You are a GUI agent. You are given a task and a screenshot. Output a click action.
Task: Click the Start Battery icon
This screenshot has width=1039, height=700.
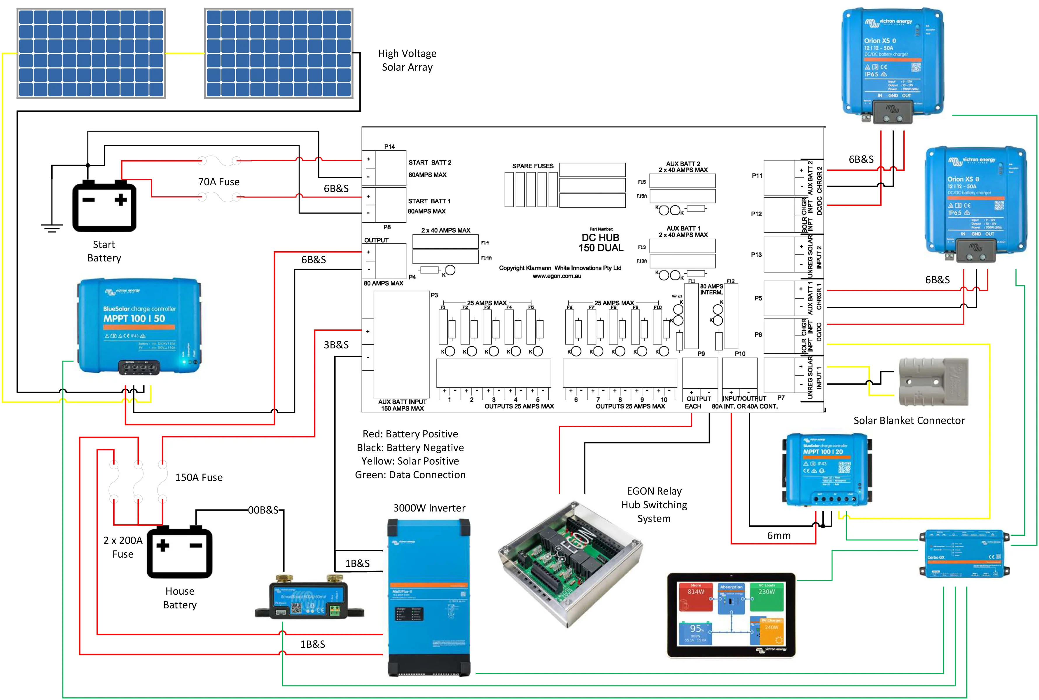pyautogui.click(x=104, y=206)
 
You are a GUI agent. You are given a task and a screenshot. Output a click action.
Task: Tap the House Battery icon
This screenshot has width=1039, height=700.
pyautogui.click(x=179, y=552)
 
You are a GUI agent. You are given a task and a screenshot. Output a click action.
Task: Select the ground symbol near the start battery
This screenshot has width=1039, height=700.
pyautogui.click(x=52, y=228)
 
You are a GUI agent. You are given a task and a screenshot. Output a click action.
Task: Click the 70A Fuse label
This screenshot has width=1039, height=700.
pyautogui.click(x=219, y=182)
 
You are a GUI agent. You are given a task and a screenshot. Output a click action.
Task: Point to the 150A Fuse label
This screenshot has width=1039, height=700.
pyautogui.click(x=199, y=478)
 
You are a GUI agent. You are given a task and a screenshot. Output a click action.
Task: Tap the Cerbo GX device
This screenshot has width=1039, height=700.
pyautogui.click(x=964, y=554)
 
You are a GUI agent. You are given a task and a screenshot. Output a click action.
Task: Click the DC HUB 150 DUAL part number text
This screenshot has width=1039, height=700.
pyautogui.click(x=601, y=243)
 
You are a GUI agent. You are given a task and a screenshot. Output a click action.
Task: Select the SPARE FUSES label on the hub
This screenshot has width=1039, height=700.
pyautogui.click(x=532, y=166)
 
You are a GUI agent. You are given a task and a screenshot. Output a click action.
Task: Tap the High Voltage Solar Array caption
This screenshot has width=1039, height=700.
pyautogui.click(x=407, y=60)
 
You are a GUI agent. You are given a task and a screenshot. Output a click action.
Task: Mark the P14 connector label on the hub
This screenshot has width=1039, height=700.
pyautogui.click(x=389, y=146)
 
